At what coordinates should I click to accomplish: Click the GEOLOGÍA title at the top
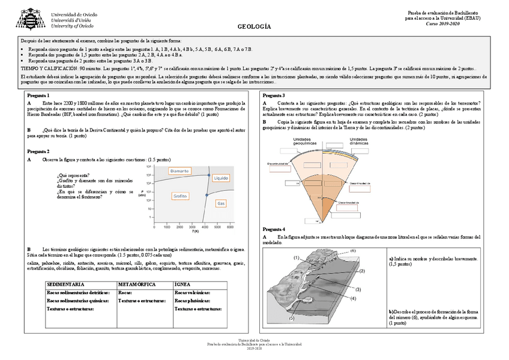point(254,27)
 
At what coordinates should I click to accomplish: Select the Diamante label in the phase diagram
point(179,171)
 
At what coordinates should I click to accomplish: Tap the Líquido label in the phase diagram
point(221,178)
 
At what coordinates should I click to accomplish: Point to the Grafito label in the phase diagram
point(180,196)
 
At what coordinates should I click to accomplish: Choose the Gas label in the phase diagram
point(221,204)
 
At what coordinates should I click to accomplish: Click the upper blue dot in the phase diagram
point(208,175)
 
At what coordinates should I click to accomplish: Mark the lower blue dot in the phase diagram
point(206,196)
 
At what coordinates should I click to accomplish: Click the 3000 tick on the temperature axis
point(192,227)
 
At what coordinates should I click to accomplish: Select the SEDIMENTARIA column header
point(65,283)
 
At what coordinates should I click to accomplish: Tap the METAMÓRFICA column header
point(137,283)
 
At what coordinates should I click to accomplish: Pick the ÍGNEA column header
point(182,283)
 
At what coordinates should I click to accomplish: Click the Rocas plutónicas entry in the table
point(192,301)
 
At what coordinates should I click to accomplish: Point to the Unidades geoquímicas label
point(305,142)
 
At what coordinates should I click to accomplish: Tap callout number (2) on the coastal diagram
point(362,271)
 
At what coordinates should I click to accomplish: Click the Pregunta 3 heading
point(274,95)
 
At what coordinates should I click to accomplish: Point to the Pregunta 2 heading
point(38,151)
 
